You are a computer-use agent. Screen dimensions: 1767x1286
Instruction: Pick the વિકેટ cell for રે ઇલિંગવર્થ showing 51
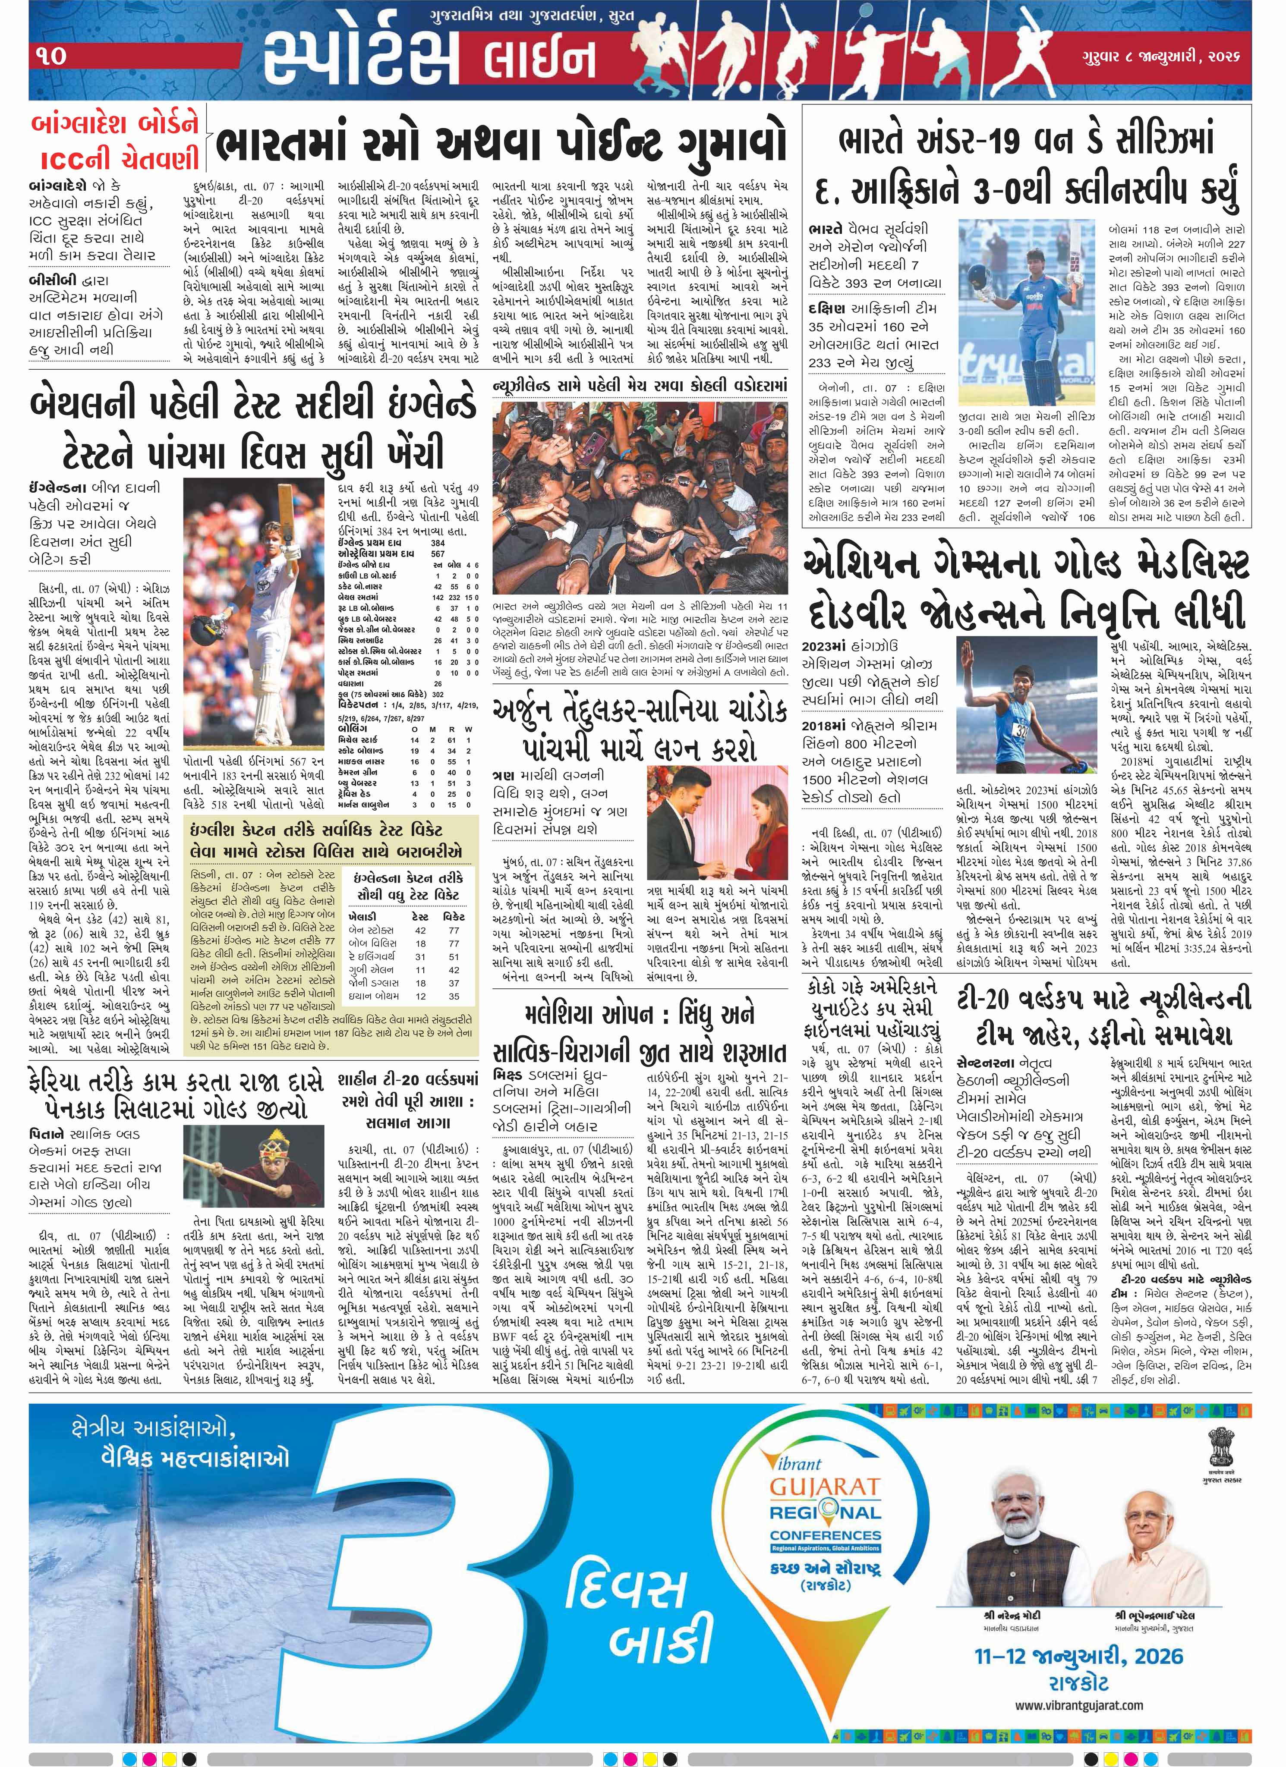coord(453,957)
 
